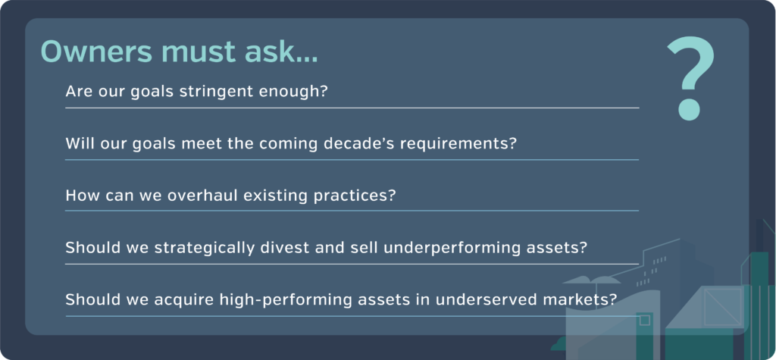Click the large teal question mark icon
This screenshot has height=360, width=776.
click(x=691, y=78)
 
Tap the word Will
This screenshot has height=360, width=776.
click(x=79, y=143)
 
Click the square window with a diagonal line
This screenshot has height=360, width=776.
click(x=722, y=307)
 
